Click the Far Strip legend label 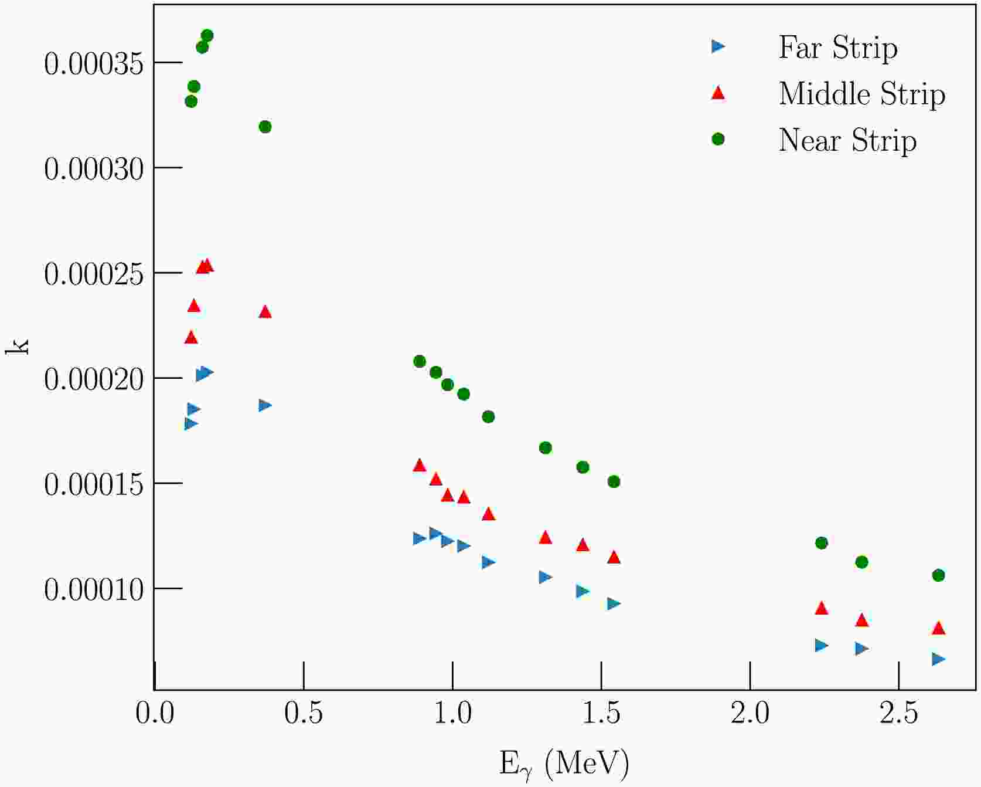(x=837, y=48)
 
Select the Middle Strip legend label (x=861, y=94)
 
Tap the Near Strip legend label (x=847, y=140)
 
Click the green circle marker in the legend (x=718, y=140)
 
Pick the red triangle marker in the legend (x=718, y=93)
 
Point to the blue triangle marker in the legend (x=718, y=46)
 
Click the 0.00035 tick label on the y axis (x=94, y=64)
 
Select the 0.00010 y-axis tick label (x=94, y=589)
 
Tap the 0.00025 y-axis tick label (x=94, y=274)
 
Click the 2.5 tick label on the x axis (x=898, y=714)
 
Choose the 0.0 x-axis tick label (x=155, y=714)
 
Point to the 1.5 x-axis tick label (x=601, y=714)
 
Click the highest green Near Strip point (x=207, y=36)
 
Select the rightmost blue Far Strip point (x=938, y=659)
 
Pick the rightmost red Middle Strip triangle (x=938, y=628)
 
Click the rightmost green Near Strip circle (x=938, y=575)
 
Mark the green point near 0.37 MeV (x=265, y=127)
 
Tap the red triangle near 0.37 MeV (x=265, y=312)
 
